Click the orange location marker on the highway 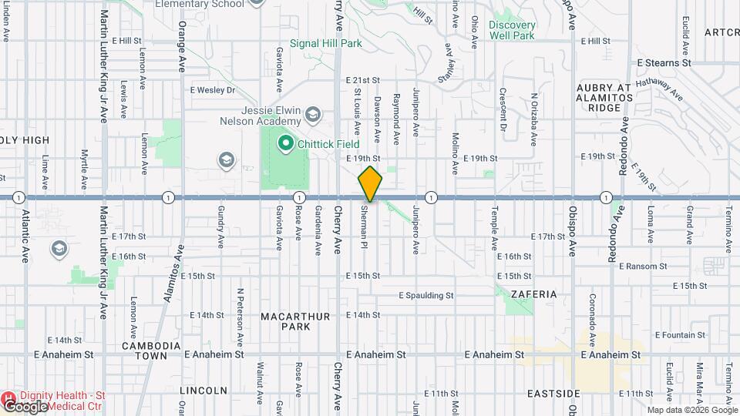(x=370, y=183)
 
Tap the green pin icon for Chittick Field (x=284, y=143)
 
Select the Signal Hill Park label (x=325, y=44)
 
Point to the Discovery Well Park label (x=512, y=30)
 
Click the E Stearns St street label (x=664, y=62)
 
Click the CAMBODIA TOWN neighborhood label (x=151, y=351)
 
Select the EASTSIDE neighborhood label (x=553, y=393)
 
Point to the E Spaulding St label (x=426, y=295)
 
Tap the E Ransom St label (x=641, y=267)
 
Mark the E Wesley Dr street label (x=213, y=90)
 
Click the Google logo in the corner (x=25, y=406)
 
